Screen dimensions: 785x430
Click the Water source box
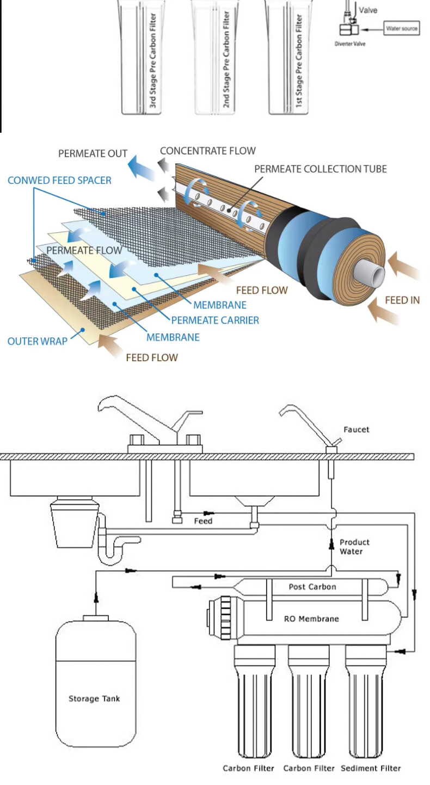[402, 28]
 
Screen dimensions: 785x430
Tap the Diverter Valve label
[350, 44]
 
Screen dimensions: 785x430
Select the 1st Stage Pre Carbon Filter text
[299, 60]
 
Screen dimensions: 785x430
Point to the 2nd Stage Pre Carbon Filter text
[226, 60]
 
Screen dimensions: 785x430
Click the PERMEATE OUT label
[93, 154]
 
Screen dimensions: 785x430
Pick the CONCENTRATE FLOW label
[207, 151]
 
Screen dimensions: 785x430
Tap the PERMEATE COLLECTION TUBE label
[320, 169]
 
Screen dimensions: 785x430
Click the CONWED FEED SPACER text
[59, 180]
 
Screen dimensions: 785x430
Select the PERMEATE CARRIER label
[215, 320]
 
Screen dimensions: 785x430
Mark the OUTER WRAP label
[38, 341]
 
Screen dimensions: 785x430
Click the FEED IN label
[402, 300]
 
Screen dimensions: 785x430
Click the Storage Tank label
[94, 699]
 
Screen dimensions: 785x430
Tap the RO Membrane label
[311, 619]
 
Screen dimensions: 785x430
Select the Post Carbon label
[312, 587]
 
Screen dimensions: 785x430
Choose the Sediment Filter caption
[371, 768]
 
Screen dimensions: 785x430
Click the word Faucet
[357, 429]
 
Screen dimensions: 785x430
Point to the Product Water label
[354, 547]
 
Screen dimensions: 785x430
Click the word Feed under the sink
[203, 521]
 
